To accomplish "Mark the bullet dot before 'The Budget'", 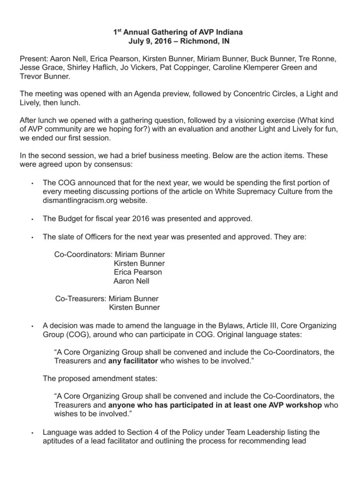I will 32,219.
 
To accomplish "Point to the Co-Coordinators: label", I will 83,254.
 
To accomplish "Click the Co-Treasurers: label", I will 80,298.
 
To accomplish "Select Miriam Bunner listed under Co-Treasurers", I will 134,298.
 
